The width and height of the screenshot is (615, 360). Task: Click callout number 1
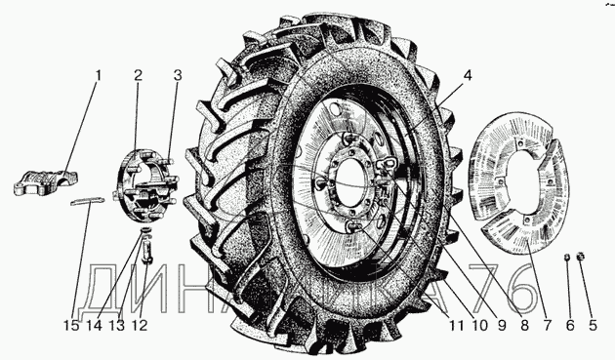click(x=99, y=76)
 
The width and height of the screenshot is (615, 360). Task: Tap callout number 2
click(x=138, y=76)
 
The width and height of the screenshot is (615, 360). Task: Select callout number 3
click(x=178, y=76)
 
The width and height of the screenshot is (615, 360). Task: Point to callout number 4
click(x=468, y=76)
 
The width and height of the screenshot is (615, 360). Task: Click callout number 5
click(x=593, y=325)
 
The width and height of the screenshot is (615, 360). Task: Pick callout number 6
click(x=569, y=325)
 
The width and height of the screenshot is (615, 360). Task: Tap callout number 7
click(x=547, y=325)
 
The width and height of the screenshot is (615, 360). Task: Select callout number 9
click(x=502, y=325)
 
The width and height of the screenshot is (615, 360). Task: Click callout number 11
click(x=456, y=325)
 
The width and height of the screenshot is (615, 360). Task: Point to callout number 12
click(x=140, y=325)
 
